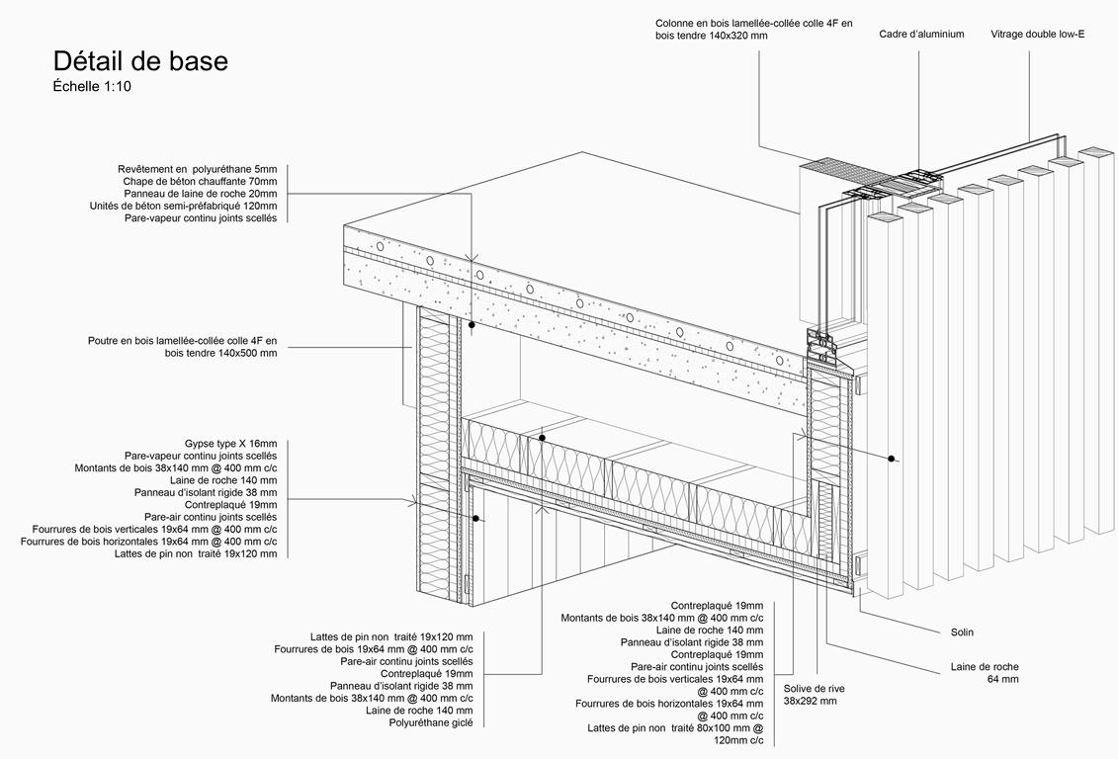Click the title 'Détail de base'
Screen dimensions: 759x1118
click(x=140, y=61)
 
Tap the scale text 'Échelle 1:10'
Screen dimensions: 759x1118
click(x=92, y=87)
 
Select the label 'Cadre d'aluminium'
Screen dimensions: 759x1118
click(x=921, y=35)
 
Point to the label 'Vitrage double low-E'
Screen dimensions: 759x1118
click(x=1037, y=35)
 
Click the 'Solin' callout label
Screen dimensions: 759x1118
click(x=962, y=632)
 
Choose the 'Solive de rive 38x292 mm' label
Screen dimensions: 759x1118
click(x=814, y=695)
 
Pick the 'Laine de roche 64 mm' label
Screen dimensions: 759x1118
click(x=985, y=673)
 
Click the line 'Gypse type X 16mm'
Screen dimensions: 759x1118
click(x=230, y=444)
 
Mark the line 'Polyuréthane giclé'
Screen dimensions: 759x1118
click(x=431, y=722)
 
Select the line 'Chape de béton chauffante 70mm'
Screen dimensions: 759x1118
click(x=200, y=182)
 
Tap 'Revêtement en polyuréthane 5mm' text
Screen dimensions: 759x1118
click(x=197, y=169)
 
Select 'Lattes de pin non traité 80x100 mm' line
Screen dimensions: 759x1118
click(x=675, y=728)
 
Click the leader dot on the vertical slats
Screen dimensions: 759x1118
click(x=892, y=458)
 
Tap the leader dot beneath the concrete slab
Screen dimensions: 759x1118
click(x=472, y=324)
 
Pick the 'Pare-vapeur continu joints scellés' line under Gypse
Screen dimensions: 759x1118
click(x=201, y=456)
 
